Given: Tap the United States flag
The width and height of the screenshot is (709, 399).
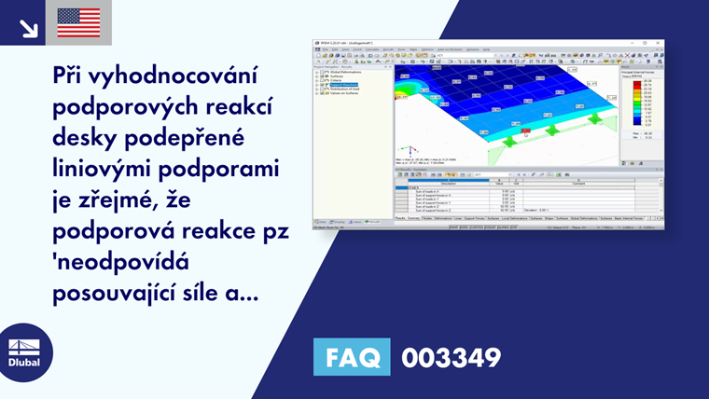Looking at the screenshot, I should (78, 22).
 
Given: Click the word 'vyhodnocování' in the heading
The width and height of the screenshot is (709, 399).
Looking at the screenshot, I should (188, 76).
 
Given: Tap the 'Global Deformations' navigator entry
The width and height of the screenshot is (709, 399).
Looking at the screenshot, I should (343, 72).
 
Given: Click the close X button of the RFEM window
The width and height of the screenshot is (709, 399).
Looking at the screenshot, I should (659, 43).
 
